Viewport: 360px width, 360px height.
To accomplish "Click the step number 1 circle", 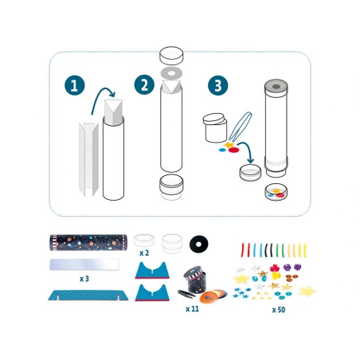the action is click(75, 86).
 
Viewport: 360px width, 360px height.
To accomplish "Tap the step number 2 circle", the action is click(144, 84).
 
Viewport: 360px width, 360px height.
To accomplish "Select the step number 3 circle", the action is click(217, 85).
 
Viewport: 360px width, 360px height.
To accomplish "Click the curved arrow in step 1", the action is click(102, 96).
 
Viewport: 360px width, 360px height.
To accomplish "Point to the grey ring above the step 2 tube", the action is click(171, 72).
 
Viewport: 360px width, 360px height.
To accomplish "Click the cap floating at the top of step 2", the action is click(171, 55).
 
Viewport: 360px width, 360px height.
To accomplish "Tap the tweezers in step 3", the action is click(241, 126).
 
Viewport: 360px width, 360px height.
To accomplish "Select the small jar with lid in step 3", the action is click(215, 127).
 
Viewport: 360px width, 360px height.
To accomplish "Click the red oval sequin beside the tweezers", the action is click(233, 150).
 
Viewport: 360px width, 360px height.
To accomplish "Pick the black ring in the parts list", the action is click(199, 244).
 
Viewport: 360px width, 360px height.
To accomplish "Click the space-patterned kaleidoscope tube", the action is click(88, 242).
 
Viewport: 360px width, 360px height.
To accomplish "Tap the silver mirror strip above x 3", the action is click(84, 264).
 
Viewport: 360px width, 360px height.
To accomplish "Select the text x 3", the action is click(84, 279).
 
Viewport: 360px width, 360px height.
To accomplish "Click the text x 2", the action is click(144, 253).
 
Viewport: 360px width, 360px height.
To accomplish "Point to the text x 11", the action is click(192, 309).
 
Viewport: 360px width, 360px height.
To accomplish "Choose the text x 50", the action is click(279, 310).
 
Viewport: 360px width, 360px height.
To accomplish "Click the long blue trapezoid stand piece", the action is click(88, 295).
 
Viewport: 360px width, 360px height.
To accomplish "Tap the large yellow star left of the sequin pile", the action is click(241, 279).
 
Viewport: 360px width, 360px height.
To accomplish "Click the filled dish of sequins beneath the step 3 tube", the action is click(276, 192).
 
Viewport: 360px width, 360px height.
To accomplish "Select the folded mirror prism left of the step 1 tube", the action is click(88, 159).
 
